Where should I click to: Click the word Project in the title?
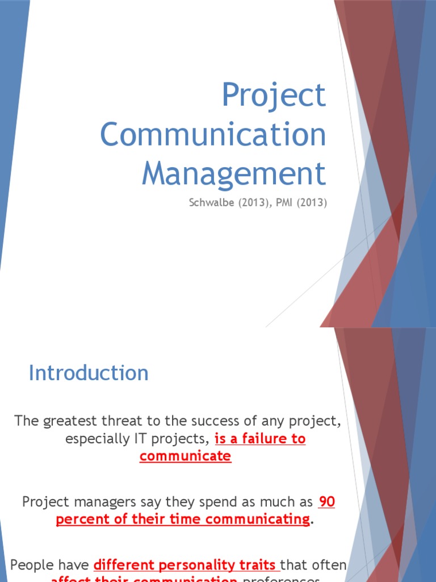(274, 96)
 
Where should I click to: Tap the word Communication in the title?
(213, 135)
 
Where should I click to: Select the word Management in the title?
(234, 173)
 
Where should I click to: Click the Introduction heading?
(89, 373)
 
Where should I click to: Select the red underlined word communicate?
(186, 457)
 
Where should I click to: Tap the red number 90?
(327, 502)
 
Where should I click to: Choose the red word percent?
(79, 520)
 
